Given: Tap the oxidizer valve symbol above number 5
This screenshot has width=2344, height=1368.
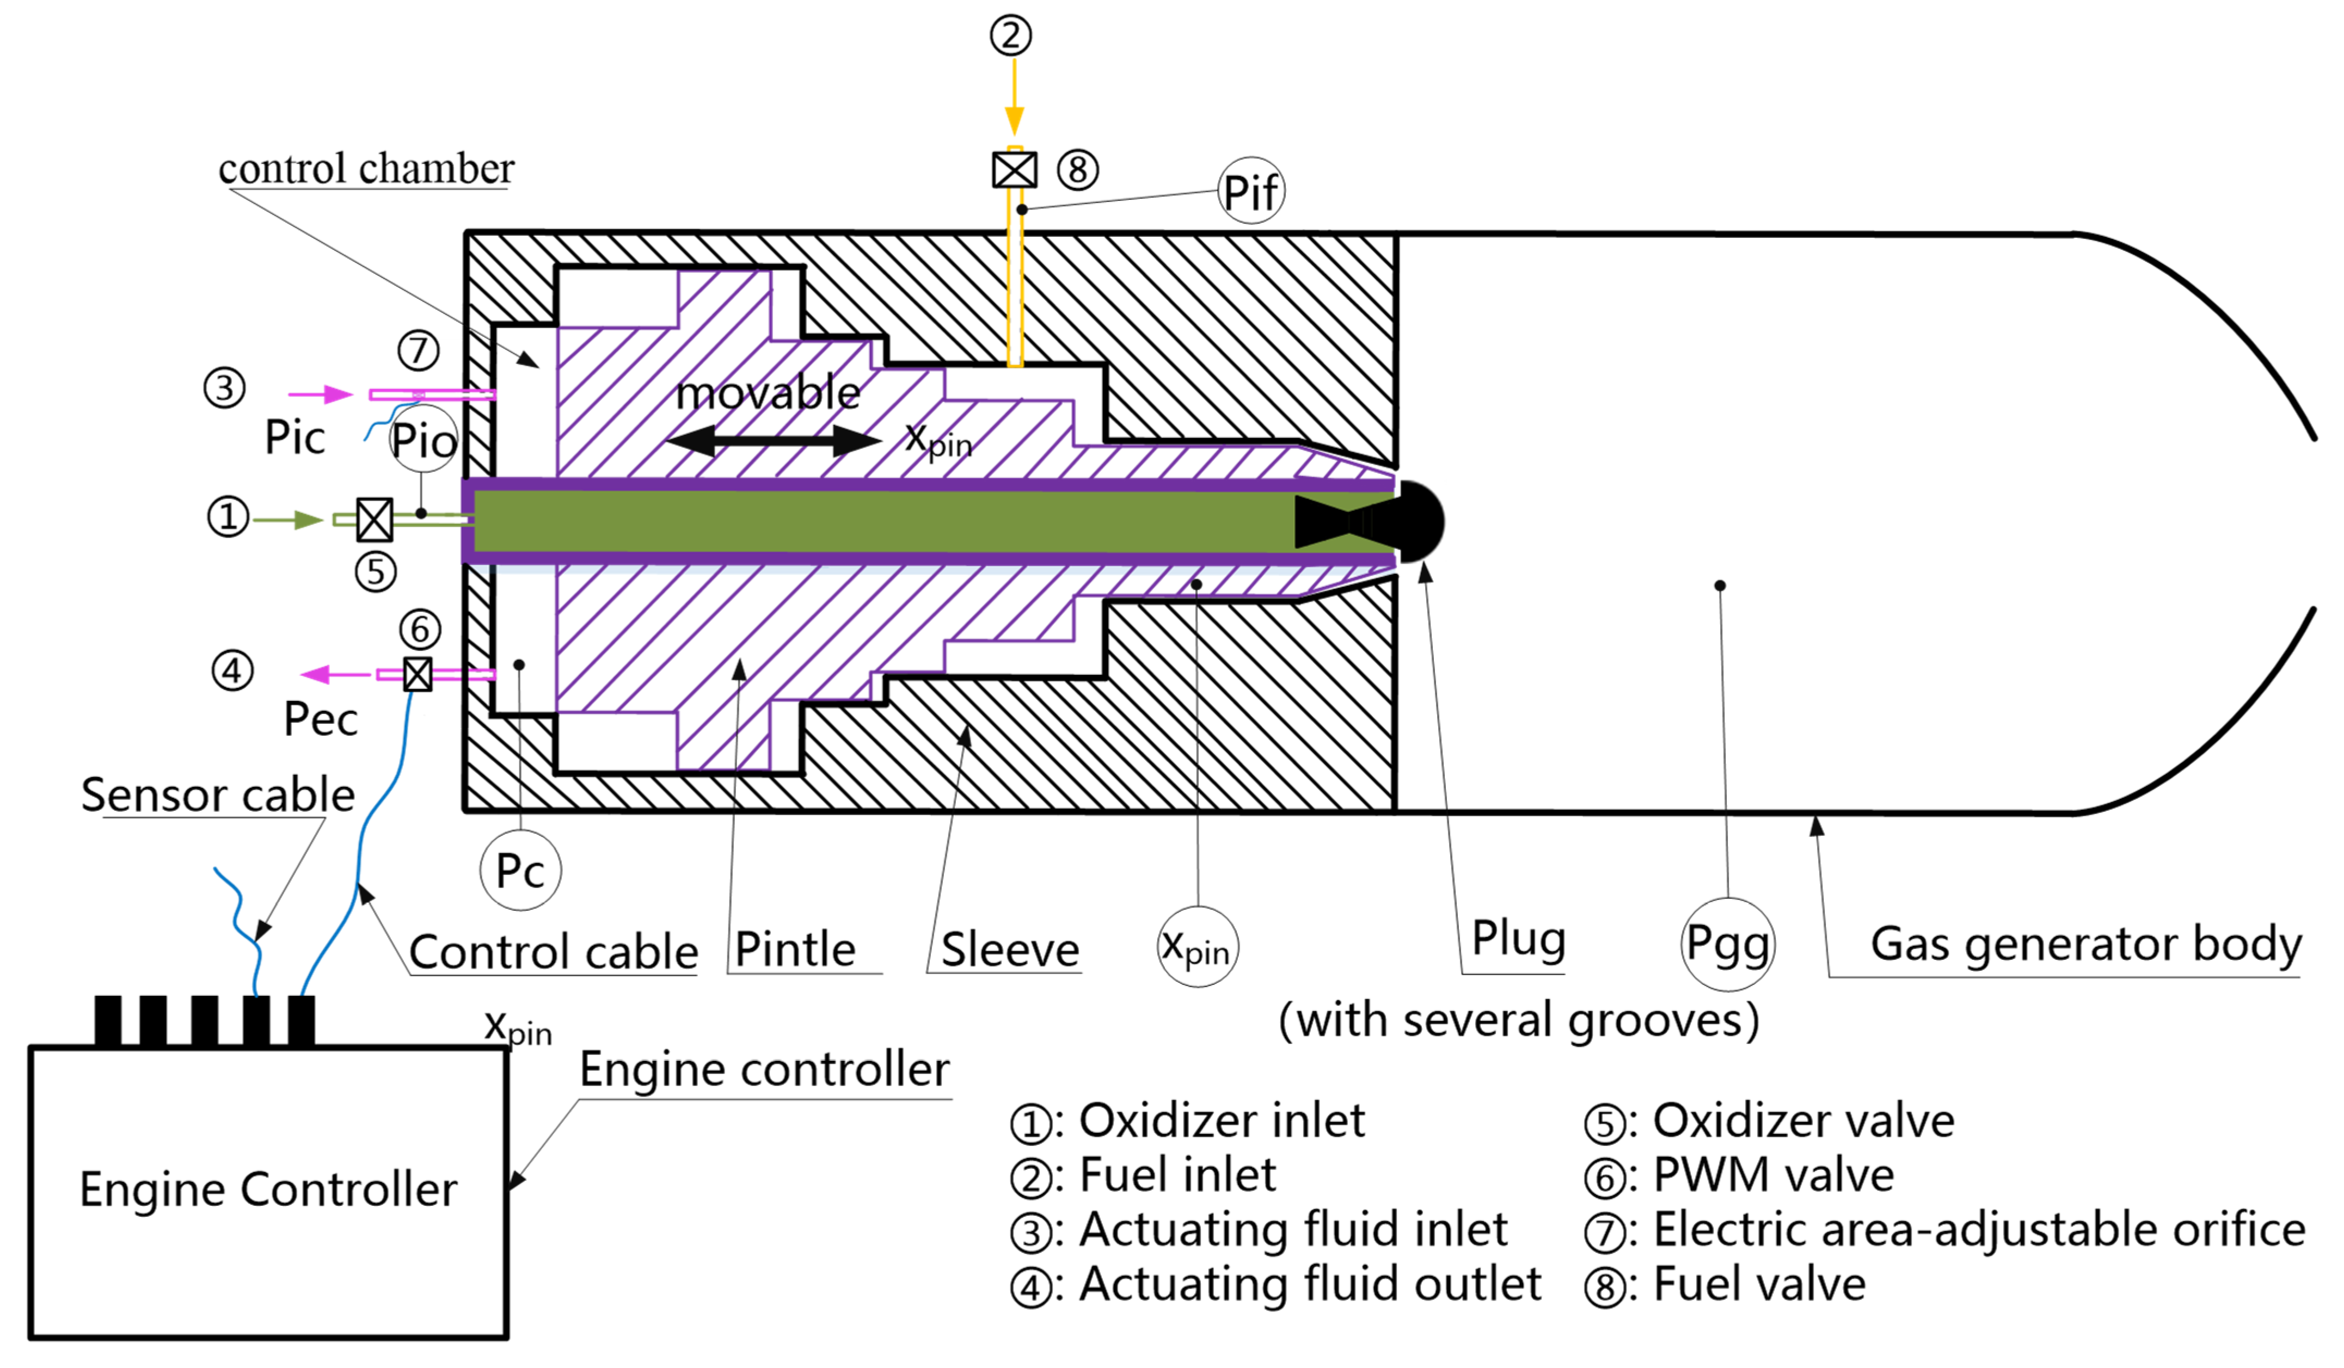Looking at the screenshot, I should (x=375, y=519).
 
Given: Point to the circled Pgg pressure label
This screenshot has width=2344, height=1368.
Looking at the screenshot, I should (x=1727, y=944).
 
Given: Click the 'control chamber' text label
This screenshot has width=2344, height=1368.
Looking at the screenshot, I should (x=366, y=168).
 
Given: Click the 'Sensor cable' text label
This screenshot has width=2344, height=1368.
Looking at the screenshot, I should (x=218, y=794).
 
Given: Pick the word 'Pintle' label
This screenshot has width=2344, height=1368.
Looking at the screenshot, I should (x=795, y=950).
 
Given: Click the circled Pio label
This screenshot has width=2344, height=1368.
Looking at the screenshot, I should (x=423, y=440).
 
